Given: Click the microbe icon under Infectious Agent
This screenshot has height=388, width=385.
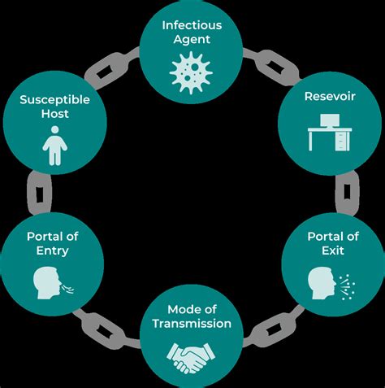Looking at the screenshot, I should coord(192,70).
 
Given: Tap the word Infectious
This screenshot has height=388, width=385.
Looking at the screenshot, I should coord(192,24).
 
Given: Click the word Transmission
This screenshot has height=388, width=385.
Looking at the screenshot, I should coord(192,324).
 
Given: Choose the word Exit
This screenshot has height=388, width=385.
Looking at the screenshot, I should coord(329,251).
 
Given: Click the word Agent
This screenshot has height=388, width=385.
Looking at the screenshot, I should coord(192,39).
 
